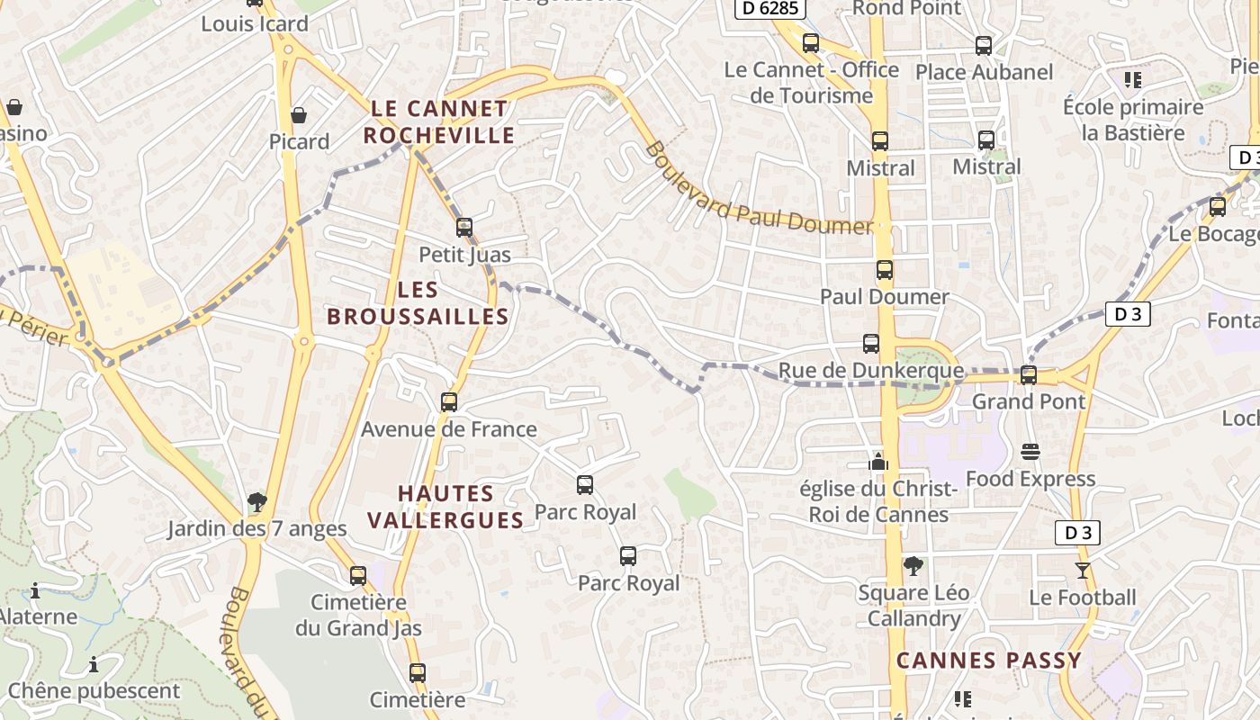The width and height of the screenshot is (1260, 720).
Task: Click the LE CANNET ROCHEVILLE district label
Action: click(440, 122)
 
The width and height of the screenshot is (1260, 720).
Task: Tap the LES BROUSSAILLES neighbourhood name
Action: click(418, 303)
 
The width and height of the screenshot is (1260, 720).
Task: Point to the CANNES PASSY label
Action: click(988, 661)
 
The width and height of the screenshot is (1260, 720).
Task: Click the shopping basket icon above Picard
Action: click(299, 115)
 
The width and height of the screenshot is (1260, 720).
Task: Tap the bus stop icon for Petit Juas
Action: click(464, 228)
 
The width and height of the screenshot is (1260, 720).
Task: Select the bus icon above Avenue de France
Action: click(449, 402)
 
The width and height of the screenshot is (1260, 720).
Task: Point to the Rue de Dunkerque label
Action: click(869, 371)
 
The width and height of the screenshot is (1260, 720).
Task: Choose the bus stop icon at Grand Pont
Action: click(1028, 374)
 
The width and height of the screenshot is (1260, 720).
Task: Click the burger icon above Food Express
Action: click(1030, 452)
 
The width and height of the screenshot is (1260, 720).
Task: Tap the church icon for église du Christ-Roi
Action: click(878, 462)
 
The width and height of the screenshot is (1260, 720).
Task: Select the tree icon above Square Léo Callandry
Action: click(913, 566)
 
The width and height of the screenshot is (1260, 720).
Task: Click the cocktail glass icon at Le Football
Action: click(1082, 571)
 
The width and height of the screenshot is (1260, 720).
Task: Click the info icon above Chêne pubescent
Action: click(94, 665)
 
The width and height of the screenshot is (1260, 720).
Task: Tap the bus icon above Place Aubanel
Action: click(984, 46)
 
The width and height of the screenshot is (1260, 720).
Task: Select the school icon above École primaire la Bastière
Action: click(1133, 80)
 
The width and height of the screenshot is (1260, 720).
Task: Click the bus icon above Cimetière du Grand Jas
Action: click(358, 575)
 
